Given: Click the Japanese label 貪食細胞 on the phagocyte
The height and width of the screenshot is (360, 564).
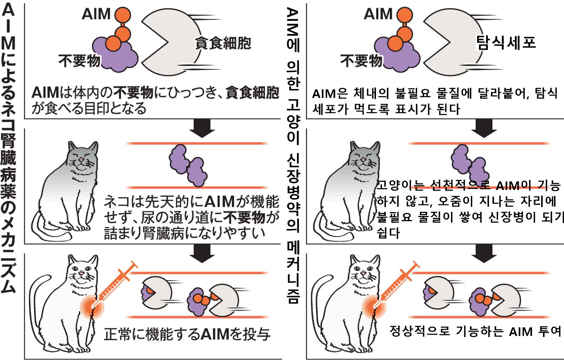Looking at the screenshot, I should click(x=223, y=43).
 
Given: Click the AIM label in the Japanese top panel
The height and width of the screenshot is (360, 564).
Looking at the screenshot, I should click(x=96, y=14).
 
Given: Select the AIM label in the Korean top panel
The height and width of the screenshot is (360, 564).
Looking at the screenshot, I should click(x=378, y=14).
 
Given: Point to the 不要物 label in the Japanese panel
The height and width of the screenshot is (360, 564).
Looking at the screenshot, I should click(x=79, y=60).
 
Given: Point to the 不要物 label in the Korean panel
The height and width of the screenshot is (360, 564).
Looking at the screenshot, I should click(x=361, y=60).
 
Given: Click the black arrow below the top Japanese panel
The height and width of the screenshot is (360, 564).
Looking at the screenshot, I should click(x=202, y=128).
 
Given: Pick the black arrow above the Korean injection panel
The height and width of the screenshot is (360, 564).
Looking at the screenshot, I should click(x=484, y=253).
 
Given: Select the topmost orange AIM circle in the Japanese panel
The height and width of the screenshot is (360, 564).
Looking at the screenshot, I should click(x=122, y=15).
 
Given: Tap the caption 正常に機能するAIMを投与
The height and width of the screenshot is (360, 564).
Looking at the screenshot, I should click(x=187, y=334).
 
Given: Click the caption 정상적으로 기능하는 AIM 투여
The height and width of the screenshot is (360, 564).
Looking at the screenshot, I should click(x=475, y=331).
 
